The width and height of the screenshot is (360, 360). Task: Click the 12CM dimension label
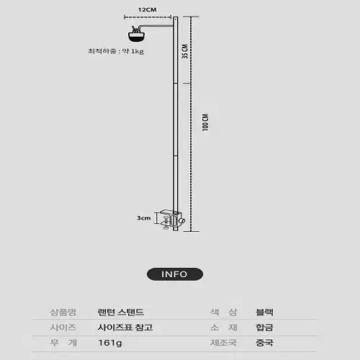[148, 10]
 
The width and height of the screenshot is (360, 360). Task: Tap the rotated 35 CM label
[185, 51]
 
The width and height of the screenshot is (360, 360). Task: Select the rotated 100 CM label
[205, 122]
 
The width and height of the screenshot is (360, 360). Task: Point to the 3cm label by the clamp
[144, 218]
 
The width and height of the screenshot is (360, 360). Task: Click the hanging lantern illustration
[136, 34]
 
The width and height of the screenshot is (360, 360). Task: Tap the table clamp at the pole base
[172, 220]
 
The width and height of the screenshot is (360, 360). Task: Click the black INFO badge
[175, 274]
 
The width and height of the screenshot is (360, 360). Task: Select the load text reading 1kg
[138, 51]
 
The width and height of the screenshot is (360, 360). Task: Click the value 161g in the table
[110, 343]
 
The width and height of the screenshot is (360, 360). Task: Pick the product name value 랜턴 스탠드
[121, 312]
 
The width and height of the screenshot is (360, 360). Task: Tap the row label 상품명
[63, 312]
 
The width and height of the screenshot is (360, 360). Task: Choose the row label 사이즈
[63, 328]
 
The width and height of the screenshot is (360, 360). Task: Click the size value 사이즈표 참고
[125, 328]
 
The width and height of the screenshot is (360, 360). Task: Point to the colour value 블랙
[264, 312]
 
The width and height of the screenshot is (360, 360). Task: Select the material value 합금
[264, 328]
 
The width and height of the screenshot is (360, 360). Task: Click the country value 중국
[264, 343]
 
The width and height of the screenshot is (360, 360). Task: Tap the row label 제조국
[223, 343]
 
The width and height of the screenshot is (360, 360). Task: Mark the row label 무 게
[63, 343]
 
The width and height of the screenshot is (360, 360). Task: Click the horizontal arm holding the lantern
[157, 26]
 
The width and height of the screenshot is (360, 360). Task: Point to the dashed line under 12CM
[148, 17]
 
